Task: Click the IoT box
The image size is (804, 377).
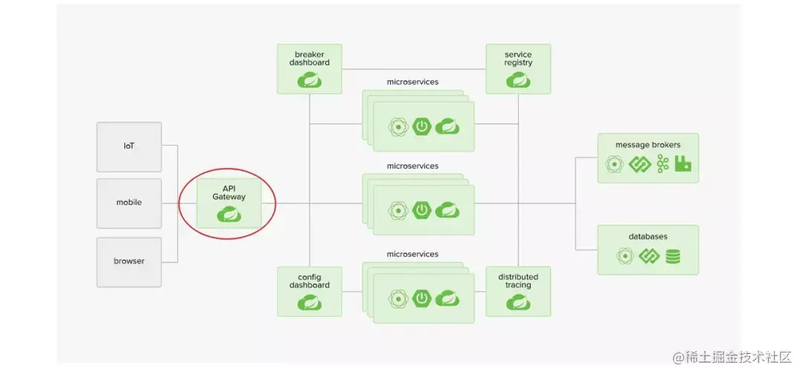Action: [x=129, y=146]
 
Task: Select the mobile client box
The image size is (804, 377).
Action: [x=129, y=202]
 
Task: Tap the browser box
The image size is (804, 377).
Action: [x=129, y=261]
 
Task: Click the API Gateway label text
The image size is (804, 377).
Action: [x=229, y=192]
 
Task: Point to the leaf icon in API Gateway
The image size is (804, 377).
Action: [x=229, y=214]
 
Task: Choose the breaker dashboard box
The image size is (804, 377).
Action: [x=309, y=68]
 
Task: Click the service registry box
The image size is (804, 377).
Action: [x=518, y=68]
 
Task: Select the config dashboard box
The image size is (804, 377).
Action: [x=309, y=291]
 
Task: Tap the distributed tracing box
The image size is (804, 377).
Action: [x=518, y=291]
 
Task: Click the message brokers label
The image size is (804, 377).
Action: [x=648, y=144]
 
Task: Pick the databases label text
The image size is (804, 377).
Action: [x=648, y=236]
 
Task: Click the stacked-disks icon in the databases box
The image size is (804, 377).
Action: [x=672, y=257]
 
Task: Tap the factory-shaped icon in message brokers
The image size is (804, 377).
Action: [x=683, y=164]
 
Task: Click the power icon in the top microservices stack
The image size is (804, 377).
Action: [x=422, y=126]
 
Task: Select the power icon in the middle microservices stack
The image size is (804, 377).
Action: [x=422, y=210]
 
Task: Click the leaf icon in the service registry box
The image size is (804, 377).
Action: [x=518, y=80]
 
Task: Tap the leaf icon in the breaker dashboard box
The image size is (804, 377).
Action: [x=309, y=80]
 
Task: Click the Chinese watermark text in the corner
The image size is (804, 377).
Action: [x=732, y=357]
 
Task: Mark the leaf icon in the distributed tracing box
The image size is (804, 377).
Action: [x=518, y=303]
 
